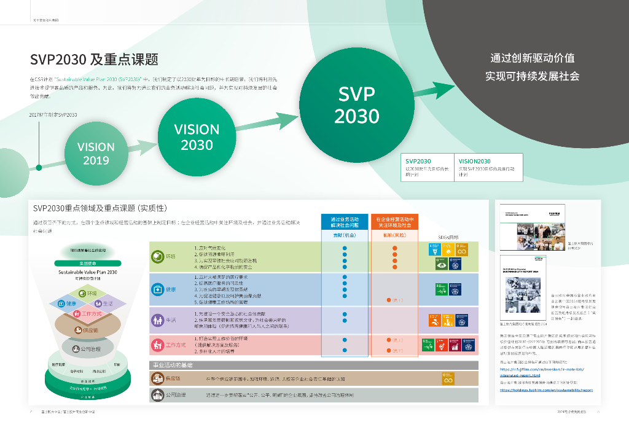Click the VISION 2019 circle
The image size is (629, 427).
(96, 154)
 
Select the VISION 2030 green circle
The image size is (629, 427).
(197, 136)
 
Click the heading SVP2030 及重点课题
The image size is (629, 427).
(94, 60)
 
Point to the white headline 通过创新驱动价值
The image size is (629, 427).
(532, 58)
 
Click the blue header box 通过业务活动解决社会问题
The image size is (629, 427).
(345, 222)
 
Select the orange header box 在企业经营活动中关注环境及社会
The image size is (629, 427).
(394, 222)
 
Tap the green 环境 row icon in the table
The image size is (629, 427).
(157, 256)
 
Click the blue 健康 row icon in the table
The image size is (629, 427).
(157, 288)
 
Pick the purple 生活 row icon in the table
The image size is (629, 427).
(157, 319)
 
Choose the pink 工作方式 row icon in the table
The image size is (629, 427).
(157, 345)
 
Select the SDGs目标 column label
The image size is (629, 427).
(448, 237)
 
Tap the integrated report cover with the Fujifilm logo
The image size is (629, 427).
(520, 225)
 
